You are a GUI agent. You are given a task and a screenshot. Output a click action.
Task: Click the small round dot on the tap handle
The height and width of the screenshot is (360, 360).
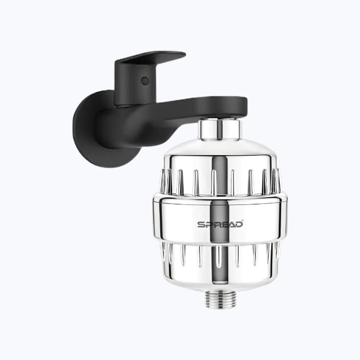point(145,81)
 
